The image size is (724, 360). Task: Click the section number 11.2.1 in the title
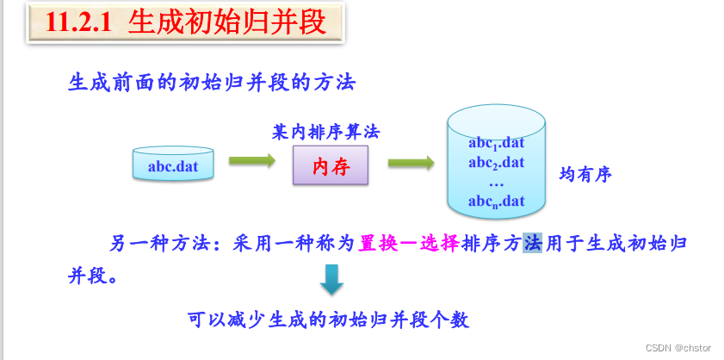click(x=79, y=23)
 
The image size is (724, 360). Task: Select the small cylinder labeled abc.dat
click(x=173, y=164)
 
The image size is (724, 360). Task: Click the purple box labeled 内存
click(x=330, y=164)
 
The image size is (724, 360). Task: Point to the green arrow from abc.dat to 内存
click(x=251, y=161)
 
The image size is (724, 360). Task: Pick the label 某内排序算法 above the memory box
click(x=325, y=133)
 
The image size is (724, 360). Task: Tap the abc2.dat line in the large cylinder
click(x=497, y=163)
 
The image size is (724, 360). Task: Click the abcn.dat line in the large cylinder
click(x=497, y=202)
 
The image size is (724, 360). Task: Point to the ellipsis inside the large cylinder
click(x=496, y=183)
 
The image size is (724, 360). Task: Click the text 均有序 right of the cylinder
click(x=585, y=175)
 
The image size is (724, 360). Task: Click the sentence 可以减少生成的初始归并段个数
click(x=329, y=320)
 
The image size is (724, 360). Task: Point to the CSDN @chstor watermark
click(x=678, y=346)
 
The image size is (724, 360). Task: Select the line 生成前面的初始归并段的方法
click(x=212, y=83)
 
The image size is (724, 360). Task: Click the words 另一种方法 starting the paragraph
click(x=159, y=244)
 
